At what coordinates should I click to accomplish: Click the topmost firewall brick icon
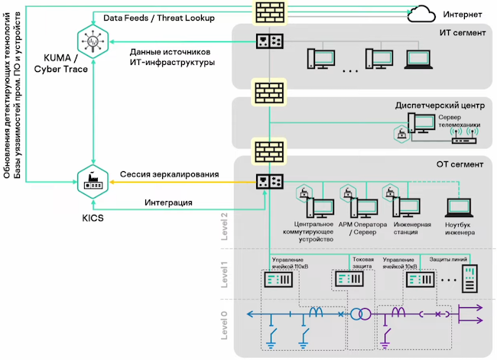tap(269, 12)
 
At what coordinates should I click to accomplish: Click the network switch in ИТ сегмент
tap(269, 39)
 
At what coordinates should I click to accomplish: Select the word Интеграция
tap(168, 203)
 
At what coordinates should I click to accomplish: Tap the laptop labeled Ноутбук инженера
tap(460, 208)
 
